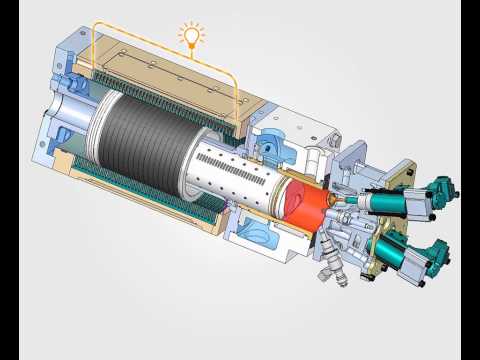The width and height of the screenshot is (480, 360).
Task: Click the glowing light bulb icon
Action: [189, 36]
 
